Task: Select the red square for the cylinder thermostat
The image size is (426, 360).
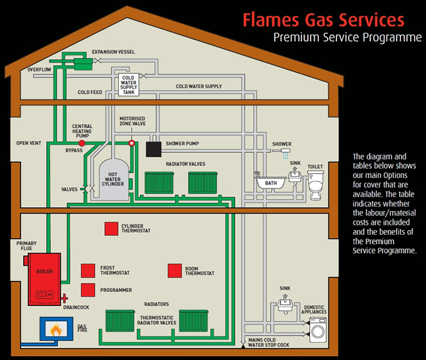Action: pos(111,229)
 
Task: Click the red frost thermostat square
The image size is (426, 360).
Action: pos(88,270)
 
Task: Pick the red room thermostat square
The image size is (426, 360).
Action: pos(174,270)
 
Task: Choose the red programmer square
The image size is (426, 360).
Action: pos(88,290)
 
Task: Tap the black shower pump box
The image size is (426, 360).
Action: pos(154,149)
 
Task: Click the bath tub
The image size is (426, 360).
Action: pos(270,181)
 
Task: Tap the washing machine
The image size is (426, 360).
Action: pos(317,328)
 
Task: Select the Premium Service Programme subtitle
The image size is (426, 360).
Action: pos(347,38)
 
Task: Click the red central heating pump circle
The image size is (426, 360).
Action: pos(82,142)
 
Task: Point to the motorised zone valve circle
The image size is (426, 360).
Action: pos(131,142)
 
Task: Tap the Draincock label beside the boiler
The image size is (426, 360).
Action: pos(76,307)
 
